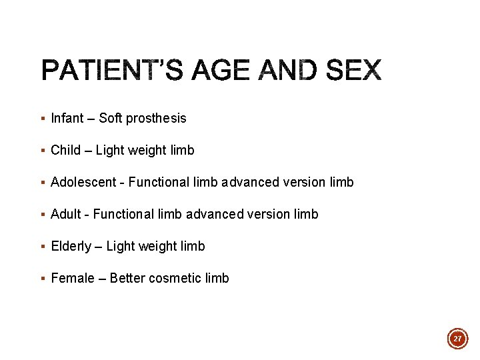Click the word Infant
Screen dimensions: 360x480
pyautogui.click(x=67, y=118)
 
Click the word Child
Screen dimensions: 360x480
pyautogui.click(x=65, y=150)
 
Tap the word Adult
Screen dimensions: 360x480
pyautogui.click(x=65, y=214)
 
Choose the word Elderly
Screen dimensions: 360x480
pyautogui.click(x=71, y=246)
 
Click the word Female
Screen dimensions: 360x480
pyautogui.click(x=73, y=278)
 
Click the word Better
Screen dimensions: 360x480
pyautogui.click(x=127, y=278)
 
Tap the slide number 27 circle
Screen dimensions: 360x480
pyautogui.click(x=457, y=339)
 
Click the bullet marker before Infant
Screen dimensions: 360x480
pyautogui.click(x=43, y=119)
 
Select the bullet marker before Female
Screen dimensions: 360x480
pyautogui.click(x=43, y=279)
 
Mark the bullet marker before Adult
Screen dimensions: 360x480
pyautogui.click(x=43, y=215)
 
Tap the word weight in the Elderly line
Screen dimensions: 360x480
pyautogui.click(x=158, y=247)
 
